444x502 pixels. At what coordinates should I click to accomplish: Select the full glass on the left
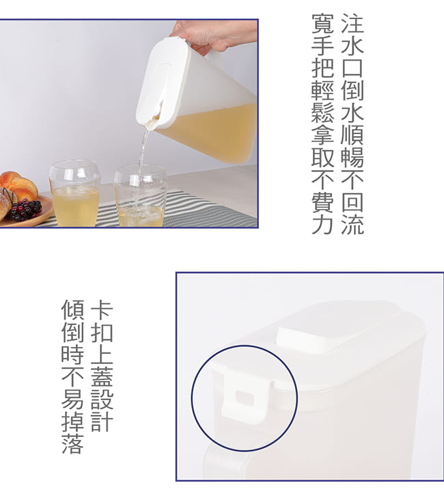tap(75, 194)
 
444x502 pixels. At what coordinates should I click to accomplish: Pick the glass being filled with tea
tap(141, 197)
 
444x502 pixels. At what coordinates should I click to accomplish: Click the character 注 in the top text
tap(352, 24)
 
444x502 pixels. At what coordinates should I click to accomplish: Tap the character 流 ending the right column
tap(352, 223)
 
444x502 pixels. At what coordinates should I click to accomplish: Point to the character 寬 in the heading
tap(323, 24)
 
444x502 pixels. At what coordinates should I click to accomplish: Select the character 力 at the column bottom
tap(323, 223)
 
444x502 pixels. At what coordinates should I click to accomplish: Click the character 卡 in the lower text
tap(102, 310)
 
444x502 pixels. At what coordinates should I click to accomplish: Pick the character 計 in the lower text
tap(102, 420)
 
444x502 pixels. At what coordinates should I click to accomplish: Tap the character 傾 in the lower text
tap(72, 310)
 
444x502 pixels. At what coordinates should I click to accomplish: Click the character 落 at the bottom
tap(72, 443)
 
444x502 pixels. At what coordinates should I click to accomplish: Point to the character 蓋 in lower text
tap(102, 376)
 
